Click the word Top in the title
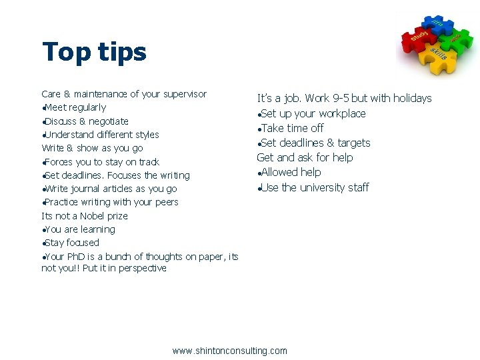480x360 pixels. pyautogui.click(x=65, y=52)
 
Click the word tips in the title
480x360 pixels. pyautogui.click(x=121, y=52)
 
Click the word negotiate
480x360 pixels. pyautogui.click(x=109, y=121)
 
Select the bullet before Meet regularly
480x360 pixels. pyautogui.click(x=43, y=109)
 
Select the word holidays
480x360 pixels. pyautogui.click(x=412, y=99)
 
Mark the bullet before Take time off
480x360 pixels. pyautogui.click(x=259, y=129)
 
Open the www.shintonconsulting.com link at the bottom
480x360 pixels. pyautogui.click(x=230, y=351)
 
